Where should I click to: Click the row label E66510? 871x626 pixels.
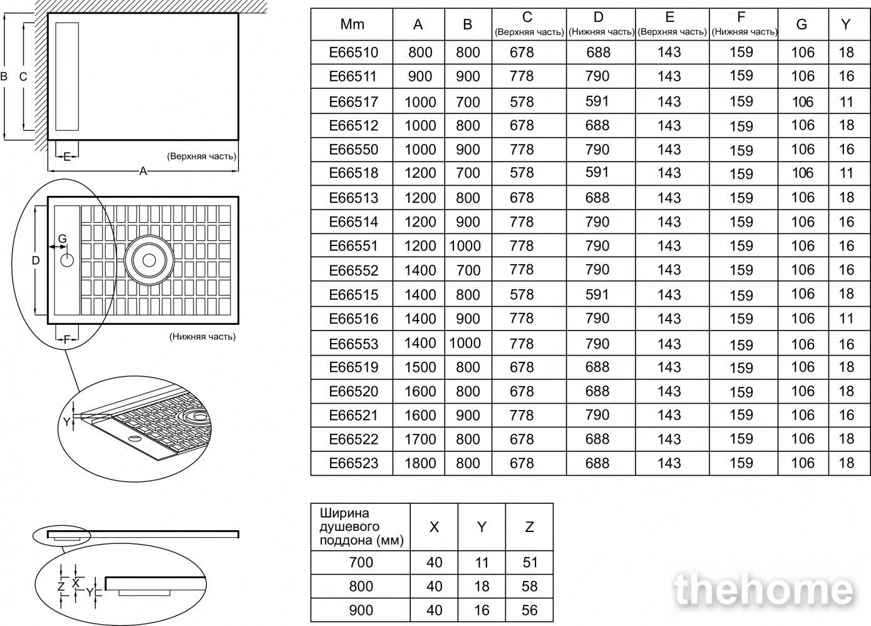point(353,53)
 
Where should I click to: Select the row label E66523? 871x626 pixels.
point(353,463)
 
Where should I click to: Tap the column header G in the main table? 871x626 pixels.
point(802,24)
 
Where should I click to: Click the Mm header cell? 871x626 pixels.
point(353,24)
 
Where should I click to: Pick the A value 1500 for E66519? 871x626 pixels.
point(420,367)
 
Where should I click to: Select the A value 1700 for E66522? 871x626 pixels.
point(420,439)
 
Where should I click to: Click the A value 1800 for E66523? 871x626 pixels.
point(420,463)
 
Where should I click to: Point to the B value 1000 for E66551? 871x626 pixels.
point(465,246)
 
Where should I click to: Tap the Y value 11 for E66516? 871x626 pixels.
point(846,319)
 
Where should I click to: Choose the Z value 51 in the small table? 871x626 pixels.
point(530,562)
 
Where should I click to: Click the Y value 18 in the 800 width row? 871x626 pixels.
point(482,587)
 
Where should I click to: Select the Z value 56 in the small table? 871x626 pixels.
point(530,610)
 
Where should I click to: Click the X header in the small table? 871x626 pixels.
point(434,527)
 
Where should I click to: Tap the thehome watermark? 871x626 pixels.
point(765,590)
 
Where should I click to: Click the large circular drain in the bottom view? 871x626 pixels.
point(149,260)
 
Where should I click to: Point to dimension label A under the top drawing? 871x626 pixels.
point(143,171)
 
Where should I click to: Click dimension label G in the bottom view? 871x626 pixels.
point(62,239)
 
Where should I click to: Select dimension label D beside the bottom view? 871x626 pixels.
point(36,260)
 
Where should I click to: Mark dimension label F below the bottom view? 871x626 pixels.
point(67,340)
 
